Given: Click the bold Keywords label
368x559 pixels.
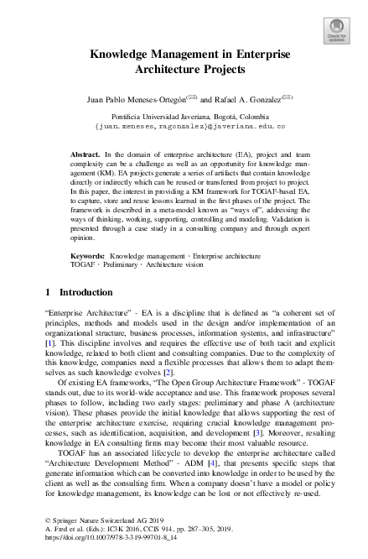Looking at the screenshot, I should [88, 253].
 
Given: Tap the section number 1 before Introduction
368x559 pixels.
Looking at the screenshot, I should [47, 292].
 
